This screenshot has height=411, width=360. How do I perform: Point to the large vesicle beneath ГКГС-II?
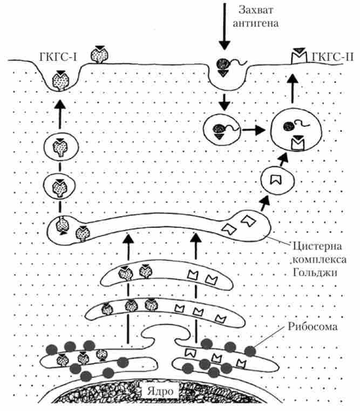293,130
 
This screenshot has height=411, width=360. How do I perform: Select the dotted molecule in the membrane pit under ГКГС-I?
59,80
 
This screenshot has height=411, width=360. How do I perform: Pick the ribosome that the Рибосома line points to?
250,351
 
